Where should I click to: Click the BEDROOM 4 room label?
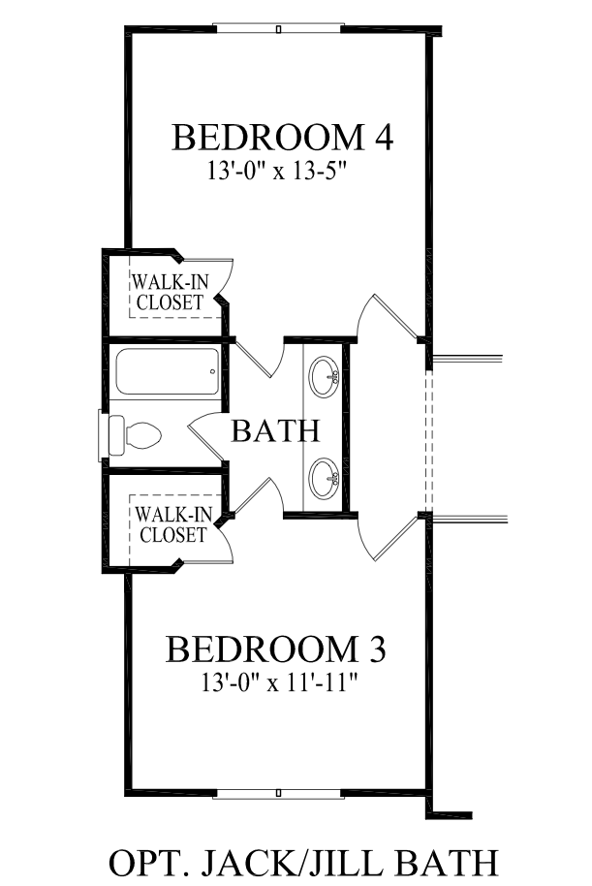click(282, 138)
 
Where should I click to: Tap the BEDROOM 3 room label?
click(276, 649)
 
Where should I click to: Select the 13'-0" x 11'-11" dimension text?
click(280, 682)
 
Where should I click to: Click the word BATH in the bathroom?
click(276, 430)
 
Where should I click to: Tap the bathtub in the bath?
click(168, 371)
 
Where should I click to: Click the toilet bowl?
click(143, 435)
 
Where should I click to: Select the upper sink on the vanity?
click(325, 376)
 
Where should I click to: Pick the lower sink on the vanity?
click(325, 478)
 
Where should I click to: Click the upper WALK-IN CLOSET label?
click(170, 292)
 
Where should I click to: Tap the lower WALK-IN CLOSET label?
click(173, 524)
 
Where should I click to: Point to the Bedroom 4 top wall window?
click(278, 28)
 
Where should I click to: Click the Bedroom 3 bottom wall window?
click(278, 793)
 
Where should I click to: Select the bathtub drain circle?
click(212, 371)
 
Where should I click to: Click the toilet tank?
click(115, 435)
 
